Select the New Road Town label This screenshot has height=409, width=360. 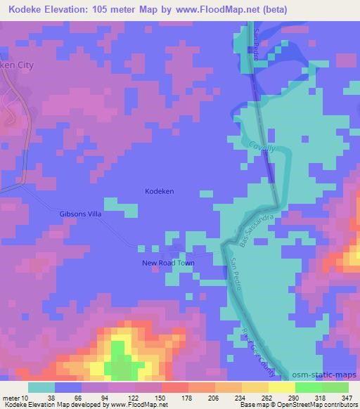pos(168,263)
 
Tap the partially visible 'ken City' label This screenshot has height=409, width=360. pos(17,64)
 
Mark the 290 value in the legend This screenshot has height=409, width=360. pos(295,397)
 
